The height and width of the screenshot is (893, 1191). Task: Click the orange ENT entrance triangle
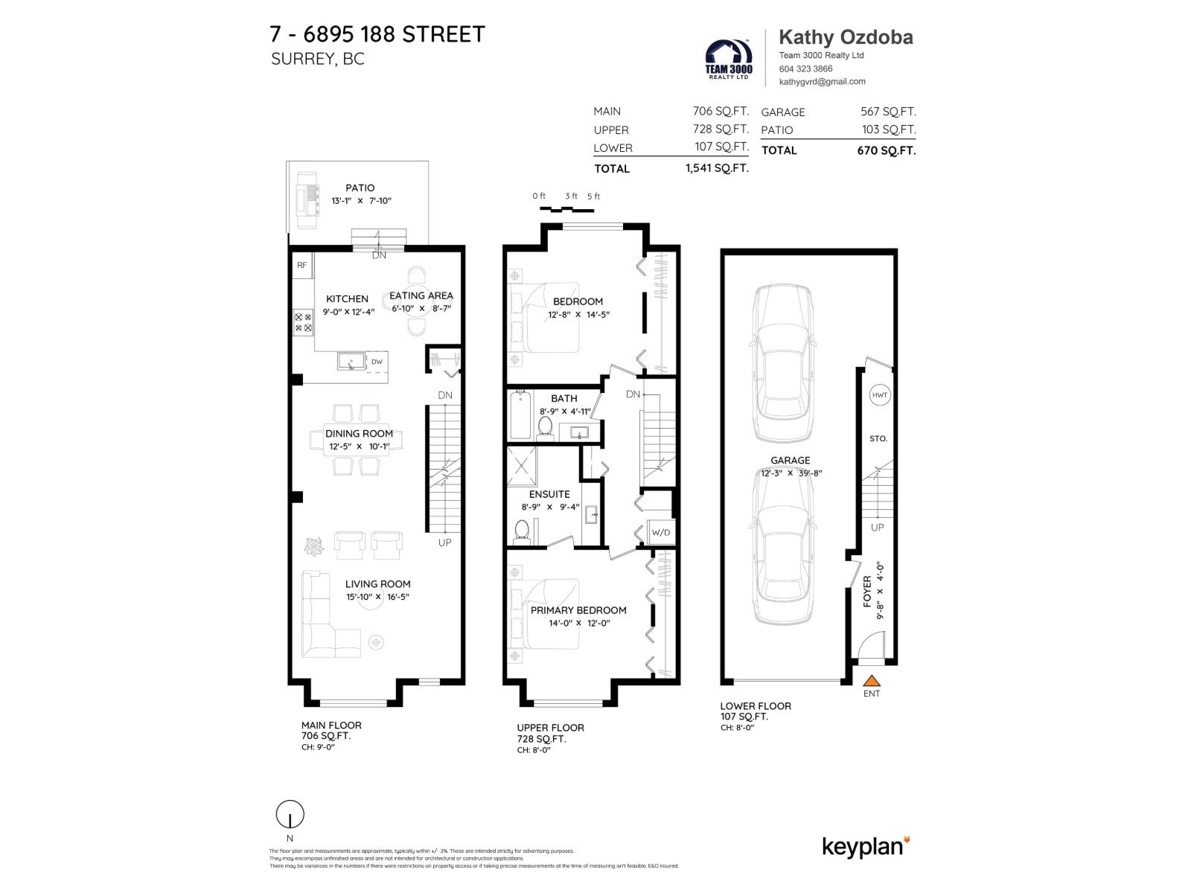coord(872,680)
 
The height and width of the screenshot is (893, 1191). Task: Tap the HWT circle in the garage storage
coord(879,395)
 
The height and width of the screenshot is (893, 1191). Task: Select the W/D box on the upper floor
coord(660,532)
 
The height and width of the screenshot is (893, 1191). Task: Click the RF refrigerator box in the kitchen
coord(302,265)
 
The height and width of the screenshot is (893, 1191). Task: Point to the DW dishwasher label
coord(377,362)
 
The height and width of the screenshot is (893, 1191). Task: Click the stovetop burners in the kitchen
coord(304,322)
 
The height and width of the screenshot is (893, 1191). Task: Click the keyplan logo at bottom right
coord(866,846)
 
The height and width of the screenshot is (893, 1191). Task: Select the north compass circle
coord(290,815)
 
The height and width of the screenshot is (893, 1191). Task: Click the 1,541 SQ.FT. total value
coord(716,168)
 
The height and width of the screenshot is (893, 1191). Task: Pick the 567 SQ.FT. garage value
coord(888,112)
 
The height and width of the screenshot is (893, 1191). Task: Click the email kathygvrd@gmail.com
coord(822,82)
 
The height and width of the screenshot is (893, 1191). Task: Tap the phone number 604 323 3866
coord(805,68)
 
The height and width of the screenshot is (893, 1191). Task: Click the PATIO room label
coord(360,188)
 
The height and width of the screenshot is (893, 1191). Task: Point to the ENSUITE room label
coord(549,494)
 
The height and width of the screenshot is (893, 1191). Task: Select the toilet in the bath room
coord(545,426)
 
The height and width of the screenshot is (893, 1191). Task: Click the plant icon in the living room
coord(314,546)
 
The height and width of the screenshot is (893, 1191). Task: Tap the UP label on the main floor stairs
coord(444,542)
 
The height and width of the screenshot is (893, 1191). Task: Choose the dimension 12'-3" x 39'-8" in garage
coord(790,473)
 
